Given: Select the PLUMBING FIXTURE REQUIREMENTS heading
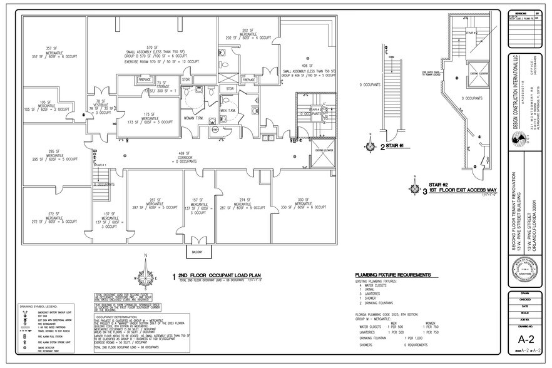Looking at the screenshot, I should tap(392, 275).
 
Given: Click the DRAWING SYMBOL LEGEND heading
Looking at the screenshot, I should tap(39, 307).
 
